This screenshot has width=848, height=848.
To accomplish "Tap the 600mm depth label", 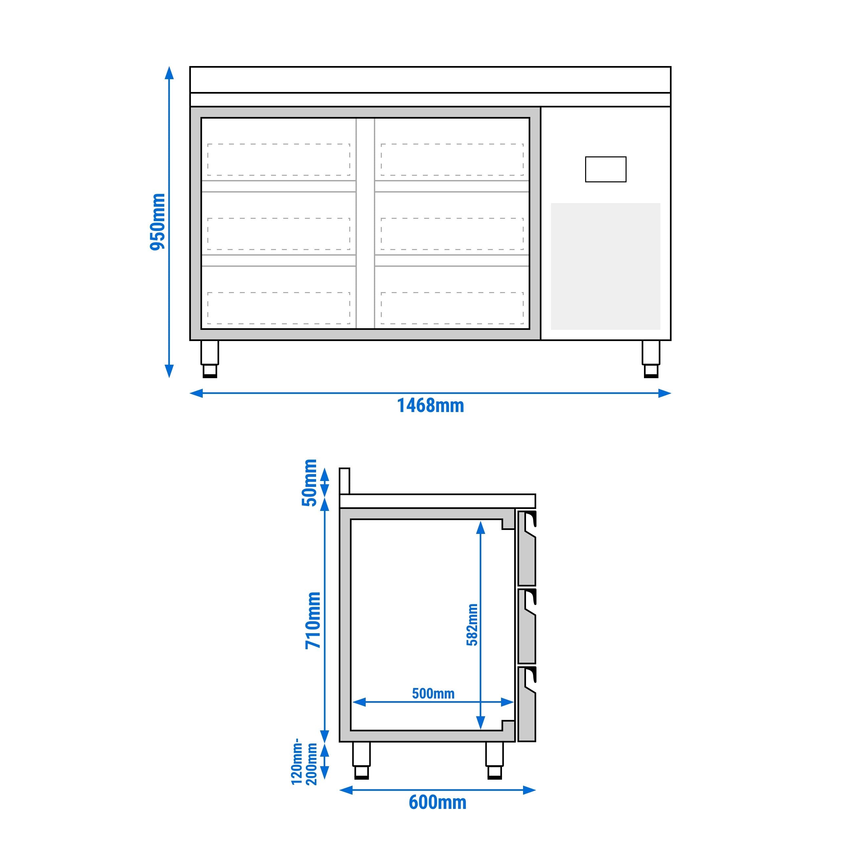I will [437, 802].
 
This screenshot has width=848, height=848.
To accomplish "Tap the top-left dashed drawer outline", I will [279, 159].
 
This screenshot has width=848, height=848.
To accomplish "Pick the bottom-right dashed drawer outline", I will [452, 308].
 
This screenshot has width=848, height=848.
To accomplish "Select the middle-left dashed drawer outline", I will [279, 234].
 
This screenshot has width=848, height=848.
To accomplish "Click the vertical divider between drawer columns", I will [365, 223].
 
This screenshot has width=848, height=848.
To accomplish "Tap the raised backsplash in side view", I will [345, 481].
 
